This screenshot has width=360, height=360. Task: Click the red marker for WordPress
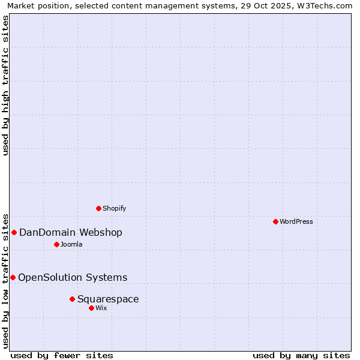[275, 221]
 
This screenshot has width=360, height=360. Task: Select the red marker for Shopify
[98, 208]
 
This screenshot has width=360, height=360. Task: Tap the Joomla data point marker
[56, 244]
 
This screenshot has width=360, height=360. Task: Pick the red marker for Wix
[91, 308]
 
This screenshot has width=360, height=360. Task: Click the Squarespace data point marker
[72, 299]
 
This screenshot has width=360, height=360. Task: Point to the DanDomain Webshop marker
[14, 232]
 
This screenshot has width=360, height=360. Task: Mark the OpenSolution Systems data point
[13, 277]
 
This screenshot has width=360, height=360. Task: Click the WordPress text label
[296, 221]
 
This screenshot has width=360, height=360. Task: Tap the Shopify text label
[114, 208]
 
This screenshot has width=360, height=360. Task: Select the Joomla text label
[71, 244]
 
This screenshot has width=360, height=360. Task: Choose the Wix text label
[101, 308]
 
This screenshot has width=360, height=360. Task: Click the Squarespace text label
[108, 299]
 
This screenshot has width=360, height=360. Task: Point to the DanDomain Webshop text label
[71, 232]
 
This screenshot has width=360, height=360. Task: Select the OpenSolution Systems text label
[73, 277]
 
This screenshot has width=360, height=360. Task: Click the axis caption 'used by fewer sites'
[62, 355]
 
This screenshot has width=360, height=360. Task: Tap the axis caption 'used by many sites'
[301, 355]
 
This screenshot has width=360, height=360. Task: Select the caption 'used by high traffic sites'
[5, 85]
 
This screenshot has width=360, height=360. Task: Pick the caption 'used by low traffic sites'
[5, 280]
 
